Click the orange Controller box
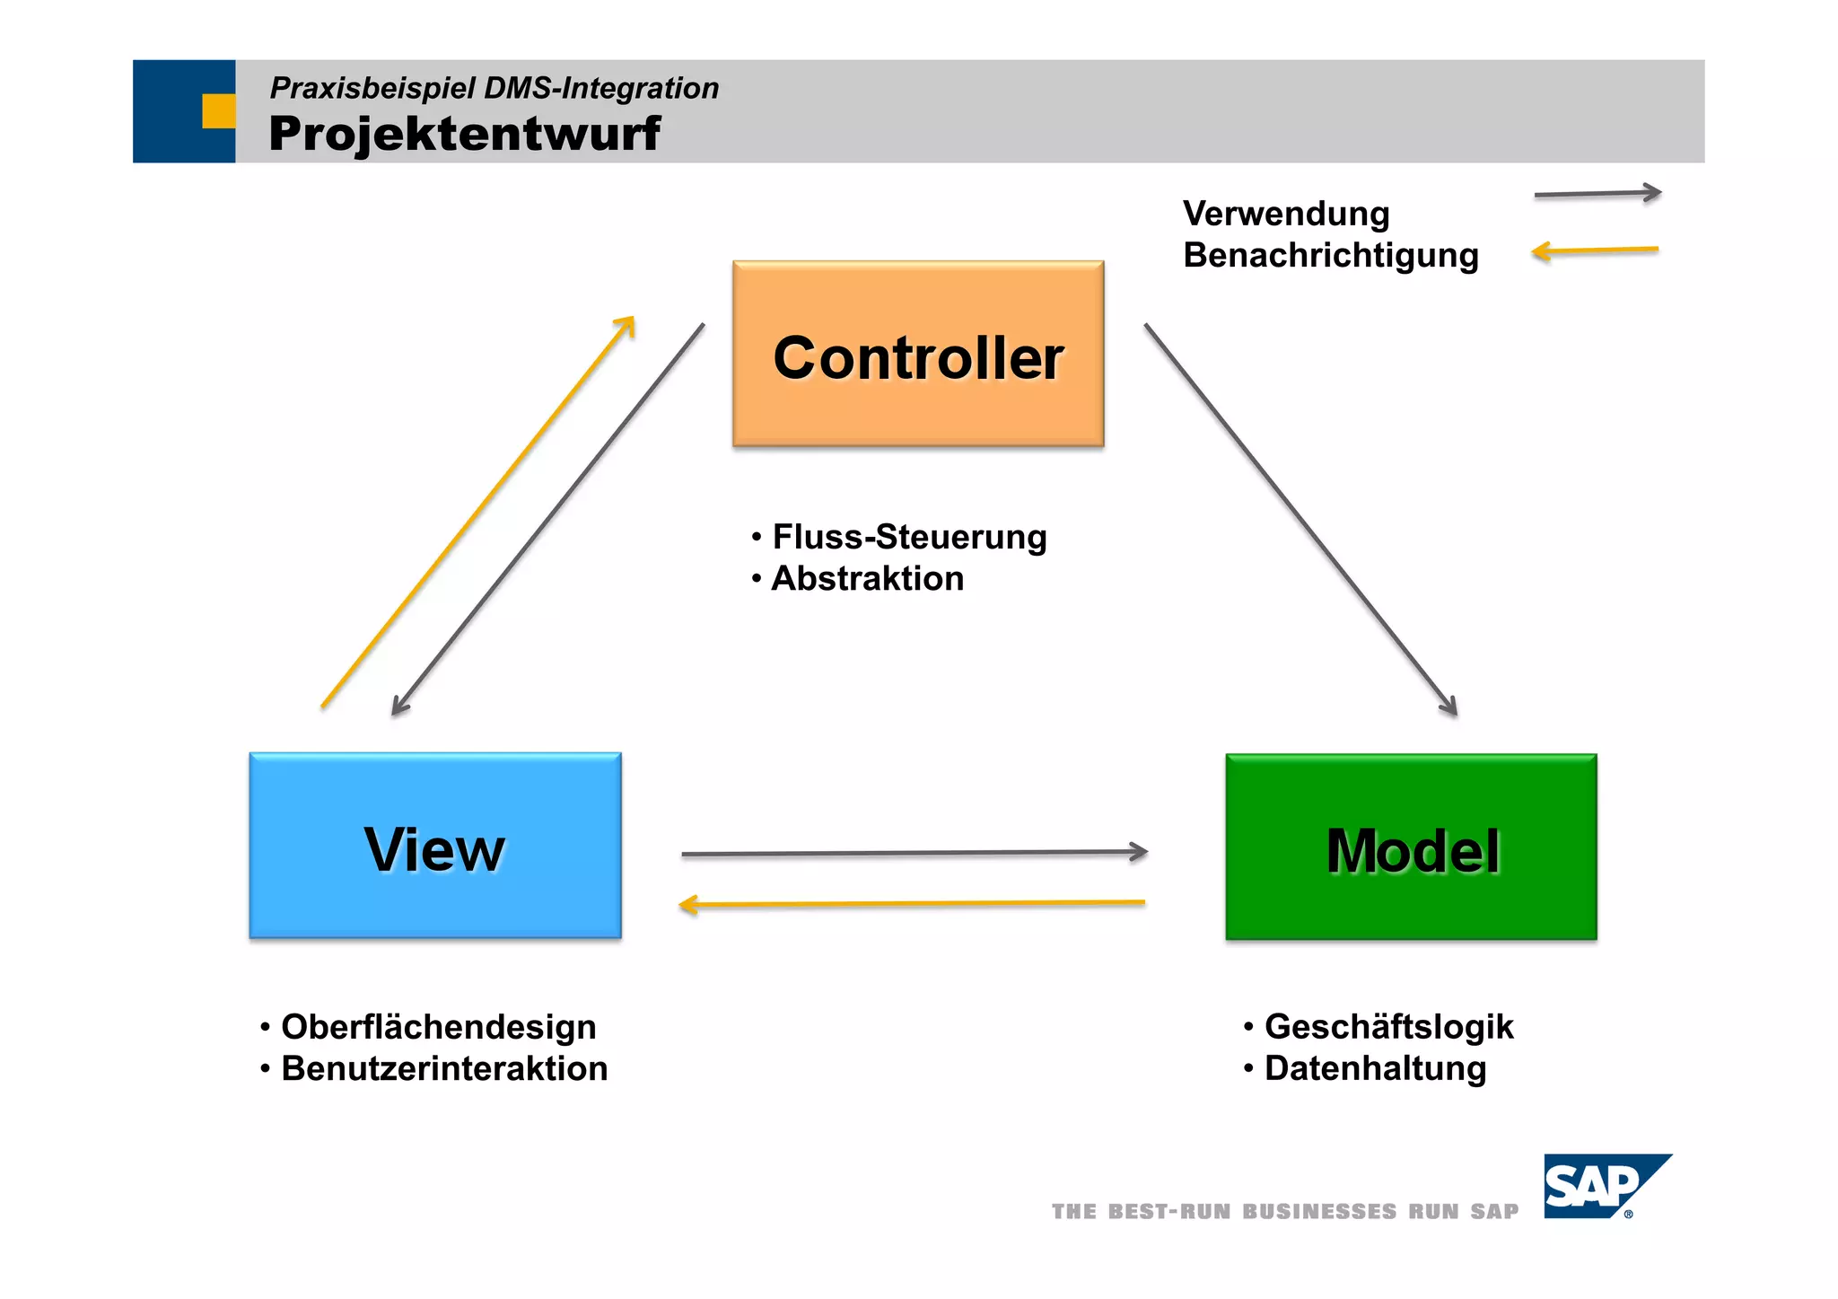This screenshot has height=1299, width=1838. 918,354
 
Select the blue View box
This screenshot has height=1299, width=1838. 435,846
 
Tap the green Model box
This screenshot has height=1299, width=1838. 1411,847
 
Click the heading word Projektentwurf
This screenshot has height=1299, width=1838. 464,134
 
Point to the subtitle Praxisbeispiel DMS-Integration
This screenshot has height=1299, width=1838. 495,88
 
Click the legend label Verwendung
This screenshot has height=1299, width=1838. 1286,214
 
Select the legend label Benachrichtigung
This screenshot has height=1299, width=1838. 1330,255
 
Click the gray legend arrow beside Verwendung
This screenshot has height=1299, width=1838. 1597,193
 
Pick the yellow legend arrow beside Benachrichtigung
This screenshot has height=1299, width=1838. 1595,250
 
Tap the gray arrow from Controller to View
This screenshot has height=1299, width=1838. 547,519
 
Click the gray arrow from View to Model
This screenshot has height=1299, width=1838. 915,853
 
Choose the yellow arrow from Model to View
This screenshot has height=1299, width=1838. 912,903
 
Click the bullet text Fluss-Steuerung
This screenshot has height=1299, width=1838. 909,537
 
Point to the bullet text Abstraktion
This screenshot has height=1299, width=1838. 867,579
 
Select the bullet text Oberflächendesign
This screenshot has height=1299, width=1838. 438,1027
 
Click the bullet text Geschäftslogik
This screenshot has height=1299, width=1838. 1388,1027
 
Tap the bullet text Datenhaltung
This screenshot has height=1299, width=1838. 1375,1068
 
